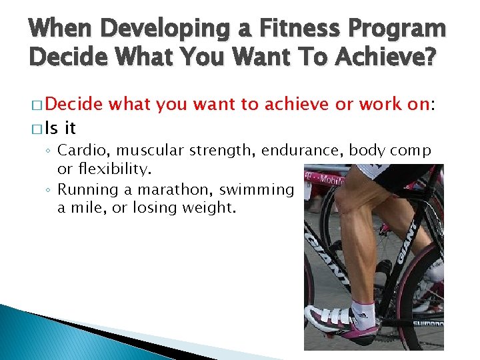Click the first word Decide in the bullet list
[74, 103]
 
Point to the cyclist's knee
[347, 200]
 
